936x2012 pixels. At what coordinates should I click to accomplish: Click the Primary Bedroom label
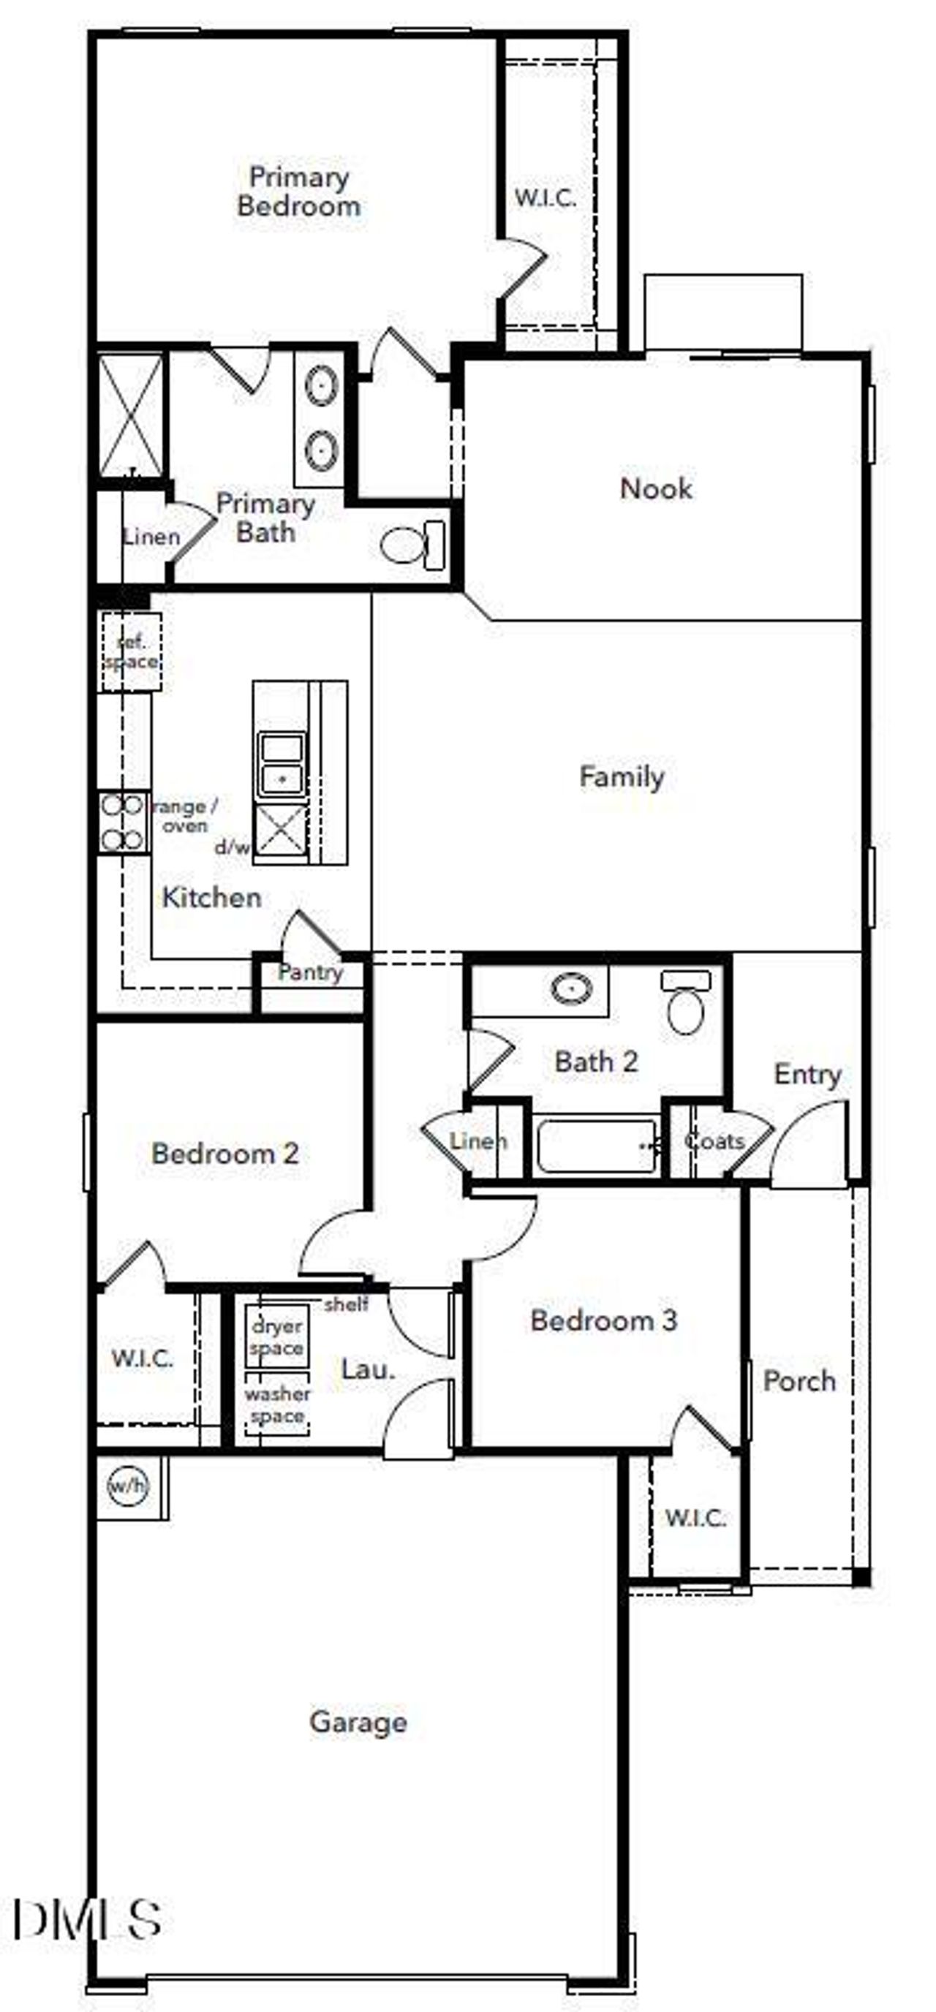[x=298, y=192]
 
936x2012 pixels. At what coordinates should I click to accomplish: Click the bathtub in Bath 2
[x=597, y=1146]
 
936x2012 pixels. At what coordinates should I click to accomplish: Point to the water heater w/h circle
[x=127, y=1486]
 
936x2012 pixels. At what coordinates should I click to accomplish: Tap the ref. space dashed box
[x=130, y=652]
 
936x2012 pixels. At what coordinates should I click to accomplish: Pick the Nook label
[x=655, y=489]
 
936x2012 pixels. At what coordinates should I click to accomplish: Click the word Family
[x=621, y=776]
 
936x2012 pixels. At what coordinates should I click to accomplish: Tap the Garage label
[x=358, y=1722]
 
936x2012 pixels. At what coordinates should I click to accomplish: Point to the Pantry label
[x=310, y=972]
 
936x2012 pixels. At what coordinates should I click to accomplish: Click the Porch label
[x=799, y=1381]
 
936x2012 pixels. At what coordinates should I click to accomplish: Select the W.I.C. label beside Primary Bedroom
[x=546, y=197]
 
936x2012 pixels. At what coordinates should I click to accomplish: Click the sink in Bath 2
[x=571, y=988]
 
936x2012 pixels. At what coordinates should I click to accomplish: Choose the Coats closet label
[x=713, y=1141]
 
